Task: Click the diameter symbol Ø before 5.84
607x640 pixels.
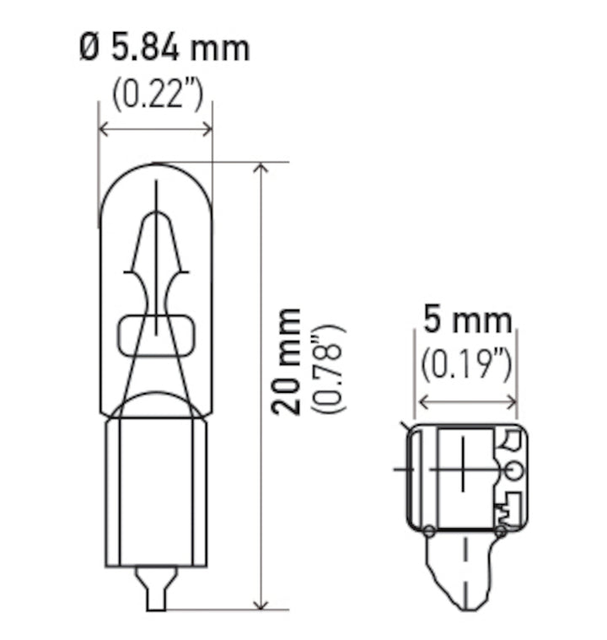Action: click(89, 48)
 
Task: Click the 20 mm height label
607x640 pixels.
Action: click(289, 361)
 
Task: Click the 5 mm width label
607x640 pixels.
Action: click(467, 320)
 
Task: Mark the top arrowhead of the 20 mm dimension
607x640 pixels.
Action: click(261, 168)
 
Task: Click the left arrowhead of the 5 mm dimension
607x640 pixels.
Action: click(421, 401)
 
